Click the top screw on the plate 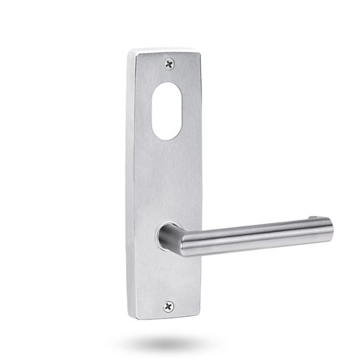coord(170,63)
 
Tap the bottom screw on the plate coord(169,306)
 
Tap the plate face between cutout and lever coord(170,180)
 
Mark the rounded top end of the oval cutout coord(167,87)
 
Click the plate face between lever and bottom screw coord(170,277)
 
